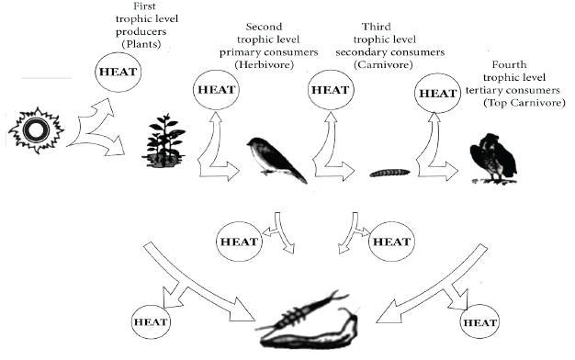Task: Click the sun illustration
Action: pos(37,130)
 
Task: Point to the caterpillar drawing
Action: pos(389,173)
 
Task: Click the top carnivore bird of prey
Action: pos(493,158)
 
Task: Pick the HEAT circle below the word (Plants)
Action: pos(118,72)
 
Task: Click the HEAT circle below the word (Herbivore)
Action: pos(217,90)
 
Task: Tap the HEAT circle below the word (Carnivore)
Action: pos(331,90)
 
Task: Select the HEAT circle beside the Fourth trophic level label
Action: pos(437,93)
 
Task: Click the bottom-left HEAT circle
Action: pos(151,321)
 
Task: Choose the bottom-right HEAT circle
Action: pos(479,322)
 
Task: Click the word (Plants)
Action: pos(141,44)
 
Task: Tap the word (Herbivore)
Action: pos(265,65)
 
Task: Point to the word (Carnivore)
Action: pos(383,65)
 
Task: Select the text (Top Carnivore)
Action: pos(524,103)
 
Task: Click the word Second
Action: pos(264,27)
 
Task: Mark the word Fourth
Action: pos(509,65)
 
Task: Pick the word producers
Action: pos(141,32)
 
